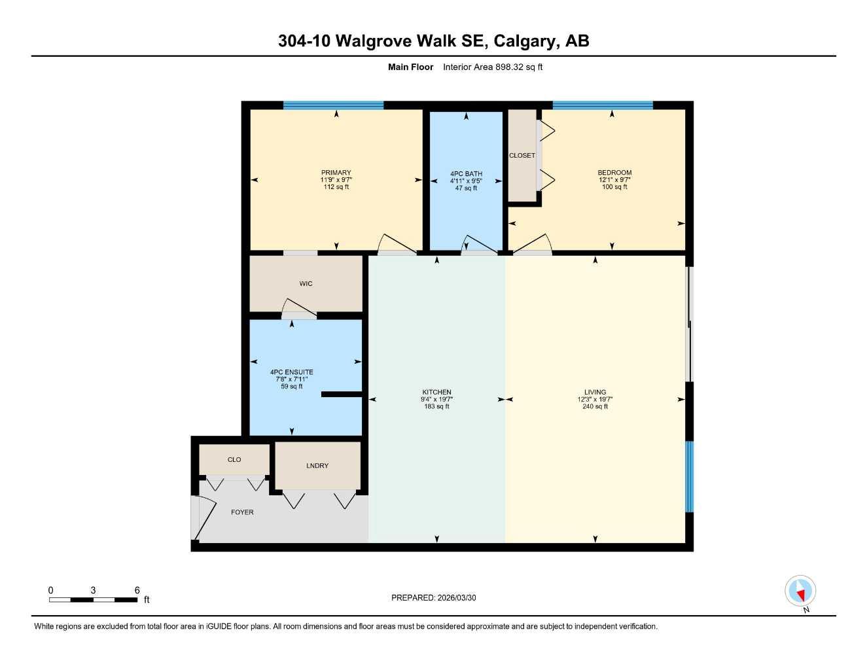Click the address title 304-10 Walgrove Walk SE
point(433,41)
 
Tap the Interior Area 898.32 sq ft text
point(492,67)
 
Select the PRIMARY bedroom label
point(336,173)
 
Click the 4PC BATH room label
point(466,174)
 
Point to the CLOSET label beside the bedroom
point(522,156)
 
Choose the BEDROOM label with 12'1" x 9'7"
point(614,173)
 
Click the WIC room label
point(306,284)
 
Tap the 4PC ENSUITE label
point(291,372)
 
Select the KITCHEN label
point(436,392)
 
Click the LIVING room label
point(595,392)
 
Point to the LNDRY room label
point(317,466)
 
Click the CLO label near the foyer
point(234,460)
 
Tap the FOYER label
point(242,512)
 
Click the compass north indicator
point(800,592)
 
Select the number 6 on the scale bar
point(137,590)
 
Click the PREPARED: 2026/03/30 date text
point(433,597)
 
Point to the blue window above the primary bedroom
point(333,105)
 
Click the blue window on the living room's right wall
point(689,476)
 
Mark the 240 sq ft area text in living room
point(595,406)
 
